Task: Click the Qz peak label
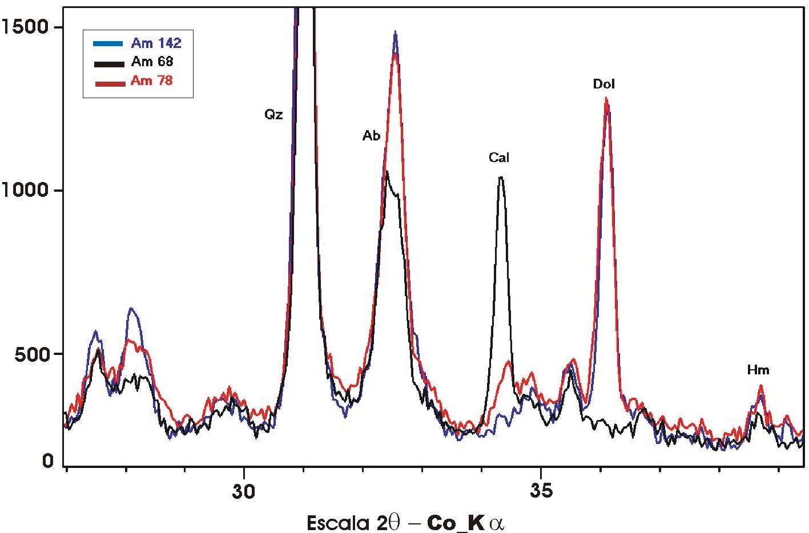point(273,115)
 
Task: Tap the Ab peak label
point(371,136)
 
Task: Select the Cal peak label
point(499,158)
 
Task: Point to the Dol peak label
point(604,84)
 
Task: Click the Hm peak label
point(758,370)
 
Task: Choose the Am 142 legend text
point(156,43)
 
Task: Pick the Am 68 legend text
point(152,62)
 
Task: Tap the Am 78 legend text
point(151,80)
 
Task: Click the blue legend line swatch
point(108,43)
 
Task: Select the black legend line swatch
point(108,63)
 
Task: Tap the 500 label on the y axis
point(31,354)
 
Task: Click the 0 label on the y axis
point(49,460)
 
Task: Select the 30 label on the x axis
point(244,491)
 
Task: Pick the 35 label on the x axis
point(541,491)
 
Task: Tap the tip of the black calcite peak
point(501,177)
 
